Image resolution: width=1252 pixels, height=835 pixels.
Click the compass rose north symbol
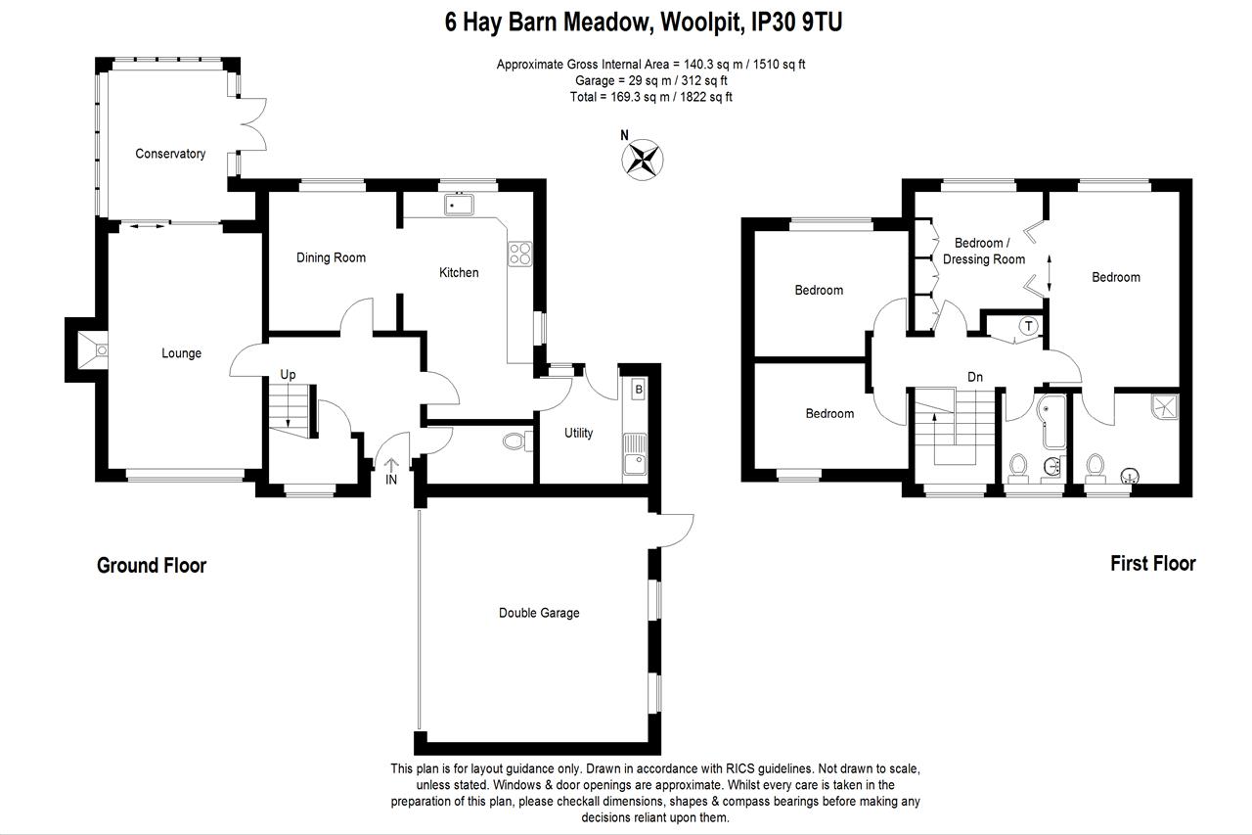click(643, 160)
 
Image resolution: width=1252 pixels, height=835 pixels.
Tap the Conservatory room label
click(170, 154)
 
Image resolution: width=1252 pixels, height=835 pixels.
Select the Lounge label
click(181, 353)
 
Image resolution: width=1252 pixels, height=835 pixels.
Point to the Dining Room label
click(331, 257)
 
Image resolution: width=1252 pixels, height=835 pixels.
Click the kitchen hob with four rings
click(519, 254)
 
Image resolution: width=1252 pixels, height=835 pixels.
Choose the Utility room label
click(578, 433)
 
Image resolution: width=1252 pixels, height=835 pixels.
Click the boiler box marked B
click(638, 389)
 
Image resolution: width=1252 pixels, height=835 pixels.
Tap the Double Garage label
click(539, 613)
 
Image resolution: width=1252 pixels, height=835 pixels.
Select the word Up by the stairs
click(288, 375)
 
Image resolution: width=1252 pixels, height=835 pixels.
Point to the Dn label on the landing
click(974, 377)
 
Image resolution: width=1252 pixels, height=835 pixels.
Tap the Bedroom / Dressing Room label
click(983, 251)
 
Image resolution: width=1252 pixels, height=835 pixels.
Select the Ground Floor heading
click(152, 565)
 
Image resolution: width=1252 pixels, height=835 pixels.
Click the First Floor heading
click(1152, 563)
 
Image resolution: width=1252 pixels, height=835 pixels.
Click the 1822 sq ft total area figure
click(706, 97)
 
